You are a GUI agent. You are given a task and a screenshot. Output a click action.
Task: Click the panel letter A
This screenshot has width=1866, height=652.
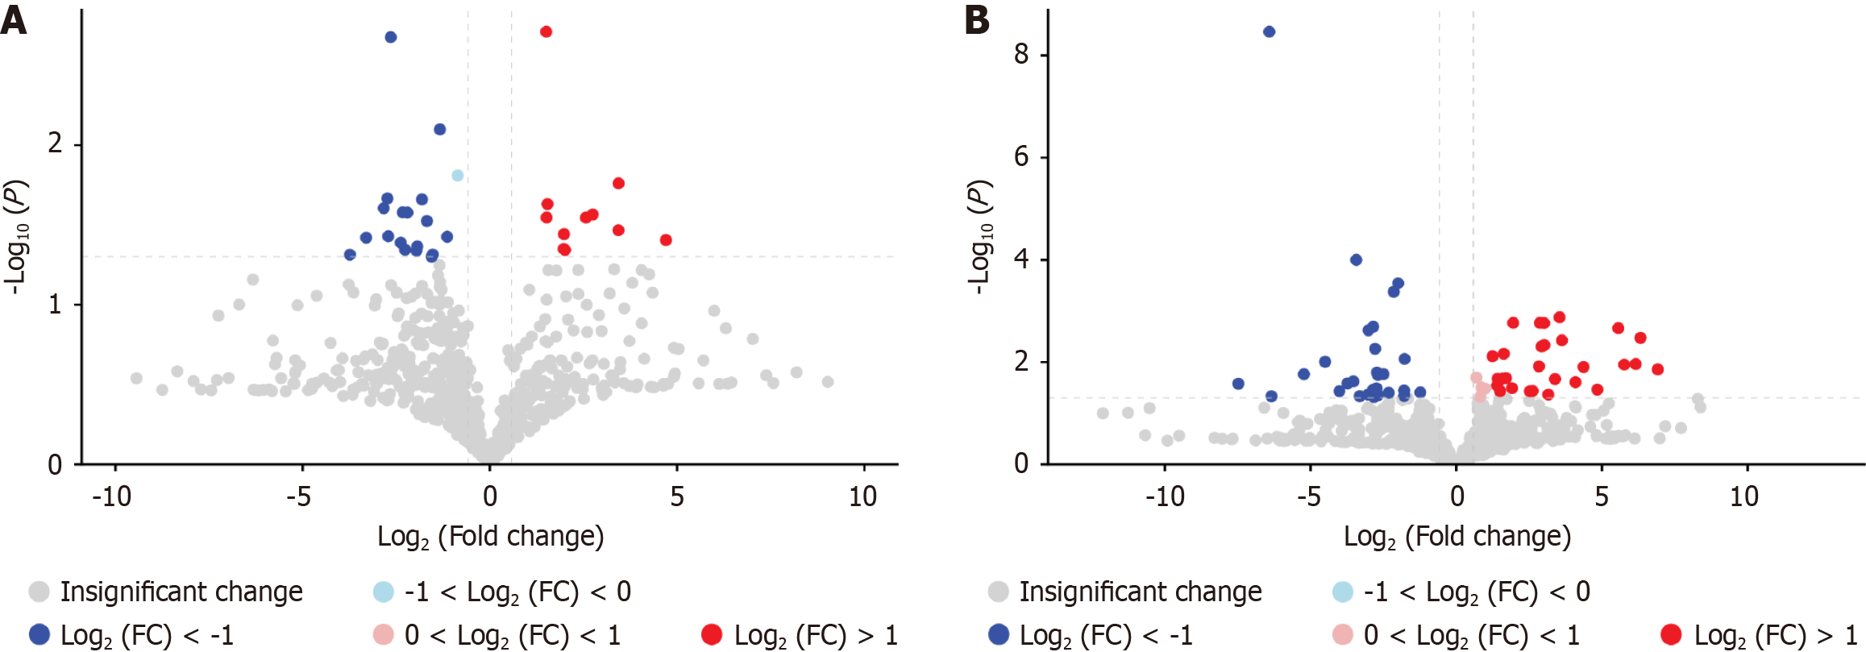(14, 19)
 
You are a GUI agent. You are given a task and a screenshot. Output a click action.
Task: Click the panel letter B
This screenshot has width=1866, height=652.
(977, 19)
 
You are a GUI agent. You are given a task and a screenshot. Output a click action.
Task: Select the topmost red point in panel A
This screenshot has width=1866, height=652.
(546, 31)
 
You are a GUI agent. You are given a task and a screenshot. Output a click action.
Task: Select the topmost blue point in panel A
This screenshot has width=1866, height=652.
(391, 37)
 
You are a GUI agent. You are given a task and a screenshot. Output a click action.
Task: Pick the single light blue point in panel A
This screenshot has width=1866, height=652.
(458, 175)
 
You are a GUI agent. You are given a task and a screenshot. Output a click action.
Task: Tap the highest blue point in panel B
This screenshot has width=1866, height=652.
(1270, 31)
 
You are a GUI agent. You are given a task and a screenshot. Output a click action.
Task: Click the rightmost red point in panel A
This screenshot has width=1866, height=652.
(666, 240)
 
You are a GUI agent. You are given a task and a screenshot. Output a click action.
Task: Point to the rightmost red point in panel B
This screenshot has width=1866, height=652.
(1658, 369)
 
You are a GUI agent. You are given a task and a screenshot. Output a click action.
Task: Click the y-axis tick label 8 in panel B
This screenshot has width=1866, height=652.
(1021, 54)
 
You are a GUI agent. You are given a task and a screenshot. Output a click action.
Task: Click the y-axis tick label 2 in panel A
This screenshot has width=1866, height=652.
(55, 143)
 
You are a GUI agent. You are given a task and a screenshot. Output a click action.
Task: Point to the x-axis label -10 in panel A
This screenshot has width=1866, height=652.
(112, 496)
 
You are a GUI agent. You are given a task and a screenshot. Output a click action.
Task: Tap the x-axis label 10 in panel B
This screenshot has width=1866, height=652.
(1744, 496)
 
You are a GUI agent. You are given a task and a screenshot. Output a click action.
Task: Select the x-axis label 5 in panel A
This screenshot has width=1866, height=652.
(677, 496)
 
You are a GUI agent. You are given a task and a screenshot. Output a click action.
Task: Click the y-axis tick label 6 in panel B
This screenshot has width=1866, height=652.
(1021, 156)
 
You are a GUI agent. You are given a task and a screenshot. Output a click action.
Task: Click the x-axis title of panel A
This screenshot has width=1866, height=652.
(490, 537)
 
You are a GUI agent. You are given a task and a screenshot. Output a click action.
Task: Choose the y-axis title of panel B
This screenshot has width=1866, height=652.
(979, 237)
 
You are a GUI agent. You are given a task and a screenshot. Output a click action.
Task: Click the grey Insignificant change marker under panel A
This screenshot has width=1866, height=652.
(39, 592)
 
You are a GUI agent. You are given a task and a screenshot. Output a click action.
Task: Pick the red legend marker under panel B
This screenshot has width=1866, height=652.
(1671, 634)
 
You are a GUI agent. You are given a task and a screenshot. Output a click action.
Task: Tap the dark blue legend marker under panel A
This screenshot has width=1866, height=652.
(39, 634)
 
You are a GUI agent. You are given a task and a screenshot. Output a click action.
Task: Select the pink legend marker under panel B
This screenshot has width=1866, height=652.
(1342, 634)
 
